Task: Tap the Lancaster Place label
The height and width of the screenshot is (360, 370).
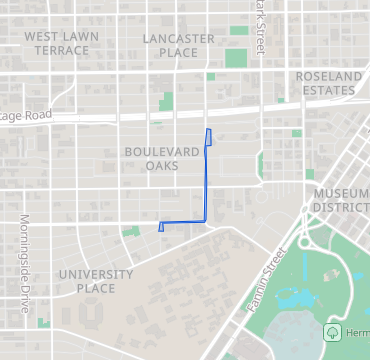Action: point(178,45)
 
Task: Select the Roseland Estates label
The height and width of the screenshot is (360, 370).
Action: point(326,83)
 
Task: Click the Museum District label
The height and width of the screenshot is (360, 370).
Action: point(340,200)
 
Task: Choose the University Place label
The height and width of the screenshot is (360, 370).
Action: point(95,281)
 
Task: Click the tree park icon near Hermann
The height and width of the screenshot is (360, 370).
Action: point(332,332)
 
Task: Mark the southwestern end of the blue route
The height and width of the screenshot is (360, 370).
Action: point(160,229)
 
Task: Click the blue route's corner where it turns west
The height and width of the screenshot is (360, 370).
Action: point(205,220)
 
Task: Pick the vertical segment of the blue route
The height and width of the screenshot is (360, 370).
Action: point(206,180)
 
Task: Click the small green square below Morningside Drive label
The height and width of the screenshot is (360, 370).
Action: point(42,322)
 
